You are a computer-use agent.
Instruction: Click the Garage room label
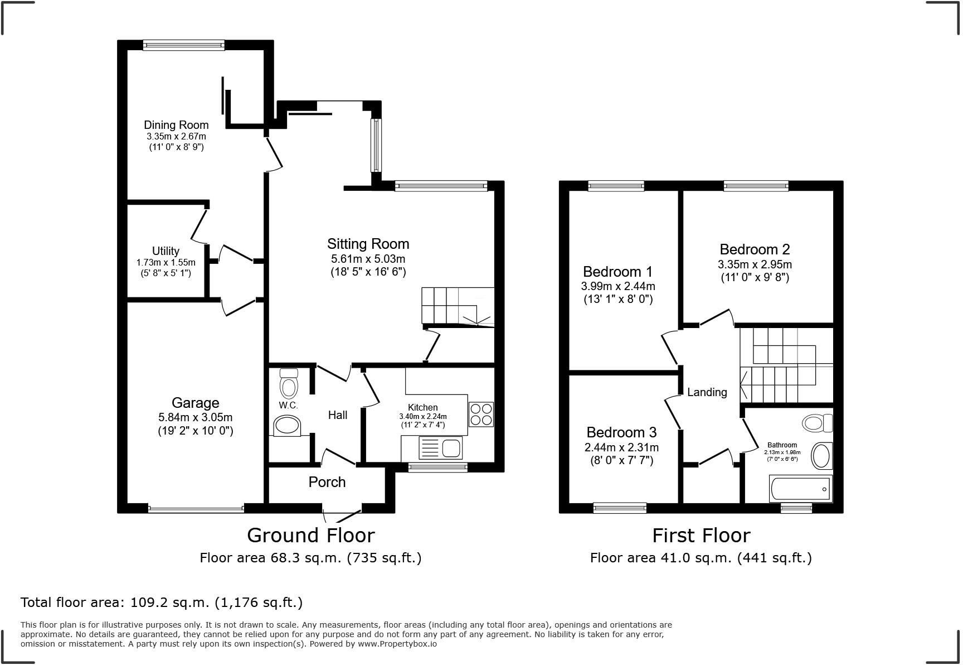pyautogui.click(x=195, y=403)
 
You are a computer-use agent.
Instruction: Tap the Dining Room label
pyautogui.click(x=176, y=125)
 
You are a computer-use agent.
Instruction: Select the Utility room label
pyautogui.click(x=166, y=251)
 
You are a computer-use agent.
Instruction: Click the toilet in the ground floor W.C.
pyautogui.click(x=289, y=383)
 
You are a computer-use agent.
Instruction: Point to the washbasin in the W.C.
pyautogui.click(x=288, y=426)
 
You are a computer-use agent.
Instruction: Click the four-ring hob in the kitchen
pyautogui.click(x=481, y=415)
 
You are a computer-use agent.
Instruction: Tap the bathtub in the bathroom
pyautogui.click(x=800, y=489)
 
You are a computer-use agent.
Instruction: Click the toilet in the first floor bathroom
pyautogui.click(x=817, y=423)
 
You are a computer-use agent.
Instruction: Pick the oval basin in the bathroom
pyautogui.click(x=821, y=456)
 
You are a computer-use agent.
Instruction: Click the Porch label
pyautogui.click(x=327, y=482)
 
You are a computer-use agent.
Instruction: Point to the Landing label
pyautogui.click(x=707, y=392)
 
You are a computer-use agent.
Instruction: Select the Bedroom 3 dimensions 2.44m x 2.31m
pyautogui.click(x=621, y=447)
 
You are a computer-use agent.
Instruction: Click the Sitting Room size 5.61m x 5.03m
pyautogui.click(x=368, y=259)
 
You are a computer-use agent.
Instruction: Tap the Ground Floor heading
pyautogui.click(x=310, y=536)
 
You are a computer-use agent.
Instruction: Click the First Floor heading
pyautogui.click(x=701, y=536)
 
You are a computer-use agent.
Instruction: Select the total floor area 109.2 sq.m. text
pyautogui.click(x=162, y=603)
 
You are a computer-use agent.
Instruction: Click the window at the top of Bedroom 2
pyautogui.click(x=756, y=186)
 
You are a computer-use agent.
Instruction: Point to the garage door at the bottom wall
pyautogui.click(x=196, y=509)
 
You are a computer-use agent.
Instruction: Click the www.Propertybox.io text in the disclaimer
pyautogui.click(x=397, y=644)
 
